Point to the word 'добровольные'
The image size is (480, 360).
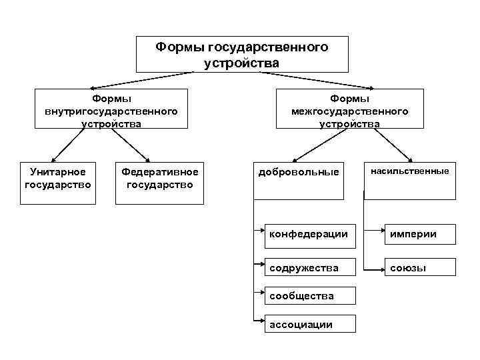tap(299, 173)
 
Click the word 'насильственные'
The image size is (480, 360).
tap(410, 171)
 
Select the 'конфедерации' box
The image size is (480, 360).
tap(308, 234)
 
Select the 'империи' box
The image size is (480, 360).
tap(419, 234)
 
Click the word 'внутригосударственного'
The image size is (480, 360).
tap(111, 111)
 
